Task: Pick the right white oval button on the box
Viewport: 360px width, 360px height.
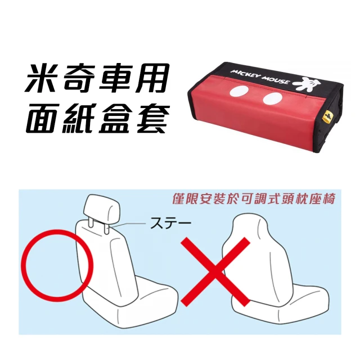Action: click(272, 101)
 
